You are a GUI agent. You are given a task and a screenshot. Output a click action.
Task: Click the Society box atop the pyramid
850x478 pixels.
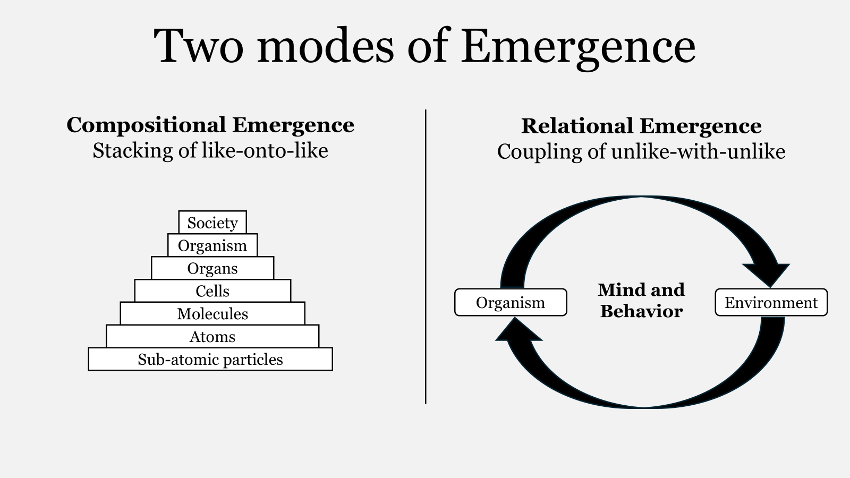(212, 223)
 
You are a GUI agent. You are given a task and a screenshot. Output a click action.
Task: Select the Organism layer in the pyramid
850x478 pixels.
(212, 245)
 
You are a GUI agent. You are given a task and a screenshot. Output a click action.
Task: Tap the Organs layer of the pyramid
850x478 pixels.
(212, 268)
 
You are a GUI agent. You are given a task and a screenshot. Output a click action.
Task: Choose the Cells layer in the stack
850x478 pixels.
(212, 291)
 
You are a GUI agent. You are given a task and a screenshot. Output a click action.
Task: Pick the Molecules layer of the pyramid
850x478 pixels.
(212, 314)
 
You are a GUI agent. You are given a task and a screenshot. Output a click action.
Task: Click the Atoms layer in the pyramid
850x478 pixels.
(212, 337)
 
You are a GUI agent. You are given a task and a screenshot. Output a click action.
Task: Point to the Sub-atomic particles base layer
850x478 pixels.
(210, 360)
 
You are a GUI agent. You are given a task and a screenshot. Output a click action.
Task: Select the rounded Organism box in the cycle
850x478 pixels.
(511, 303)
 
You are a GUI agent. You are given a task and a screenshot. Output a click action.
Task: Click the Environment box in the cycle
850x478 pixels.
(771, 303)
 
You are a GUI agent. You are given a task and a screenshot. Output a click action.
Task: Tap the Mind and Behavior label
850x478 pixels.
(641, 301)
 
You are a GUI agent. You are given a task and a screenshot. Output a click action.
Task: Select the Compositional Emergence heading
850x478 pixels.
(210, 125)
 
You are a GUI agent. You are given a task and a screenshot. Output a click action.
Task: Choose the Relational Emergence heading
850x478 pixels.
(641, 126)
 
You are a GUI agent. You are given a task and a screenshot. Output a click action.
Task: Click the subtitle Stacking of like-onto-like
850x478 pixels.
(210, 151)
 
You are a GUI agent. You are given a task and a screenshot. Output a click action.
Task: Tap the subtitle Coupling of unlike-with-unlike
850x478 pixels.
(641, 152)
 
